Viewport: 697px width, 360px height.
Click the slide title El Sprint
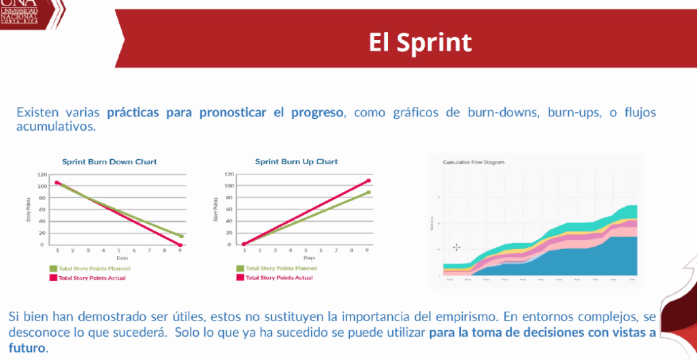point(420,42)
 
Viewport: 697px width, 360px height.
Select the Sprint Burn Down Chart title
point(110,162)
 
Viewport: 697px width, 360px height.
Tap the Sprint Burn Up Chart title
point(296,162)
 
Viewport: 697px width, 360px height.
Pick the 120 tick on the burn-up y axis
point(229,174)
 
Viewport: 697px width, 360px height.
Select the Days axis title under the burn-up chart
point(309,258)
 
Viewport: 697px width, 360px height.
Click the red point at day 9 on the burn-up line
point(368,181)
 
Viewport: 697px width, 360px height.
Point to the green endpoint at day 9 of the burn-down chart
point(181,236)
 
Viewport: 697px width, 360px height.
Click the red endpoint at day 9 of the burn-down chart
point(180,244)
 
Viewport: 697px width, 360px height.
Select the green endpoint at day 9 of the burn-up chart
point(368,192)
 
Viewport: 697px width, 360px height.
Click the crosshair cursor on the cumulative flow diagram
point(456,247)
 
